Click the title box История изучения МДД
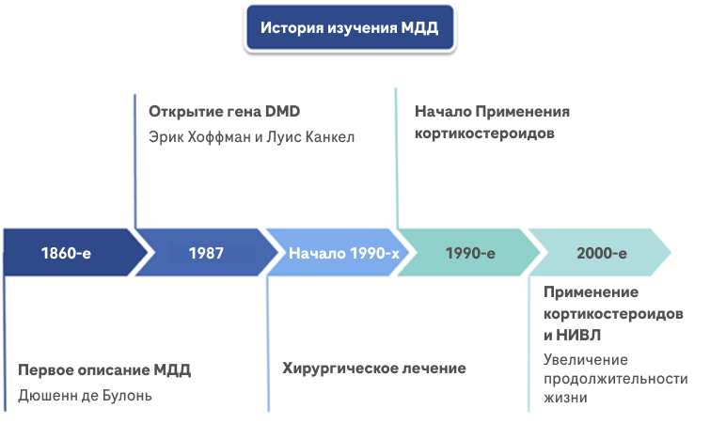(x=349, y=29)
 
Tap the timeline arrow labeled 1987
(x=205, y=253)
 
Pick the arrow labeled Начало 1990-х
(x=343, y=253)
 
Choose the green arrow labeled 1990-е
(x=470, y=253)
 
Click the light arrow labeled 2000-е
(x=602, y=253)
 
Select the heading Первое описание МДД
(x=104, y=369)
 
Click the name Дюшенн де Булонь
(x=85, y=395)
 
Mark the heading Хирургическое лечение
(x=374, y=368)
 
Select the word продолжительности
(x=615, y=378)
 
